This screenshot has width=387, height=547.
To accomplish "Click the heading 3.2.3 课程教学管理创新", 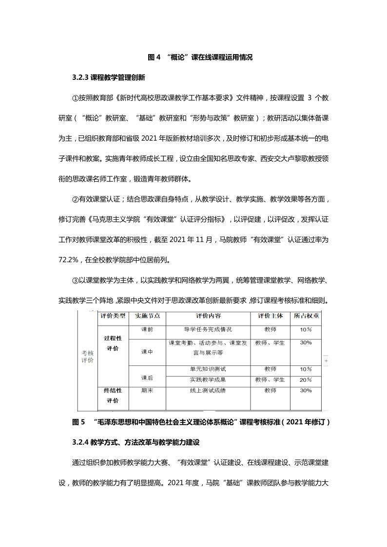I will pos(108,77).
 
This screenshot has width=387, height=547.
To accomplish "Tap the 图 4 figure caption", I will pos(200,57).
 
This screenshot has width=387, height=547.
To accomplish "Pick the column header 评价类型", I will pos(113,316).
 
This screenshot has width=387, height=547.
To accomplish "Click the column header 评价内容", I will pos(208,316).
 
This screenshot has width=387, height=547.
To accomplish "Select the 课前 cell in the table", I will pos(147,330).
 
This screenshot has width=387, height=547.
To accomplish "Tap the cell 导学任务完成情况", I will pos(208,330).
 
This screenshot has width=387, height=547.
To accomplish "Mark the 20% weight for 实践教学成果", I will pos(306,380).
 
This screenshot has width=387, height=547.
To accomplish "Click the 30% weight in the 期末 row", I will pos(306,391).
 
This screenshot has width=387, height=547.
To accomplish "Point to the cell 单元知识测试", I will pos(208,369).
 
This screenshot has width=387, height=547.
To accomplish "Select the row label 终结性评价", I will pos(113,396).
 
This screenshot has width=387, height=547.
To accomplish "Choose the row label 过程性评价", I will pos(113,343).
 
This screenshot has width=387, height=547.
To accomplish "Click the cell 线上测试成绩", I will pos(208,391).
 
